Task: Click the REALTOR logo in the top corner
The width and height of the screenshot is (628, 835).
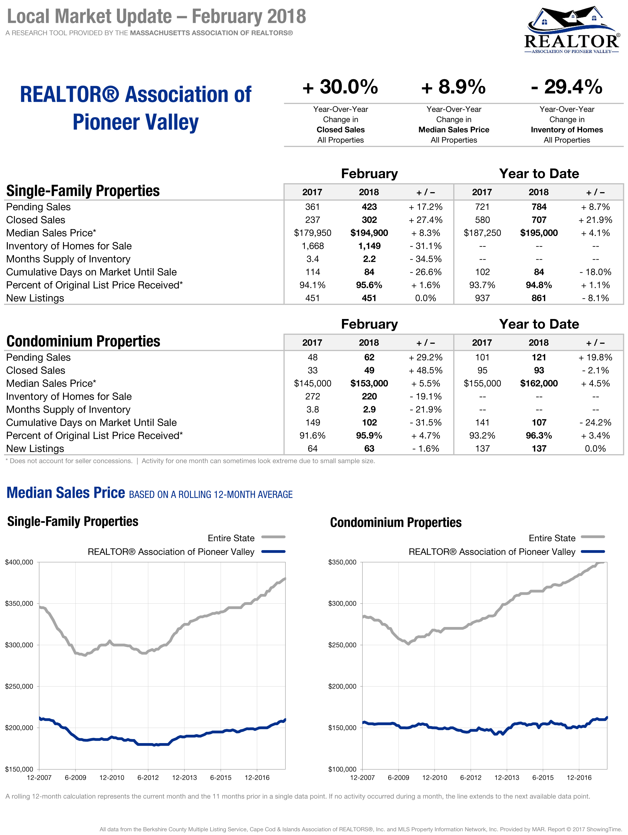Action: click(571, 30)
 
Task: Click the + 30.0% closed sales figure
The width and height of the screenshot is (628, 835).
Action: click(340, 87)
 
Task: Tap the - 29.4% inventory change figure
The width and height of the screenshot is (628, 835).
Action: click(566, 87)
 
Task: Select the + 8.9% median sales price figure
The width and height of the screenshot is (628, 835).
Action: click(454, 87)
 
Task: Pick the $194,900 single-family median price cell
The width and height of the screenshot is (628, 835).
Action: click(369, 233)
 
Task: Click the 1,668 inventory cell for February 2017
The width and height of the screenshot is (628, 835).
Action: click(312, 246)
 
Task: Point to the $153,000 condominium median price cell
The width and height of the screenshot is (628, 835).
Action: click(369, 384)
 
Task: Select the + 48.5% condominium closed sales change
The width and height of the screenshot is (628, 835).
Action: click(426, 370)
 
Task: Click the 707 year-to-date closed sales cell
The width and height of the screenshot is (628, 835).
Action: click(539, 220)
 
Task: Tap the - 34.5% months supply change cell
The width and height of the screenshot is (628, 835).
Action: click(426, 259)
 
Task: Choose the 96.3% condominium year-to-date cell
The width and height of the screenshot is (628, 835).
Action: click(539, 436)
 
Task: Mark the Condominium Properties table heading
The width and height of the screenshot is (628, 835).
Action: click(83, 341)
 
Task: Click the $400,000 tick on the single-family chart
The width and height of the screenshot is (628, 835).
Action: click(19, 562)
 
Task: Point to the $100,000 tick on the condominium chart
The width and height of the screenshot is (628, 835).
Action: click(342, 769)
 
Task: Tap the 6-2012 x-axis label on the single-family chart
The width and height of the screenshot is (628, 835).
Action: click(148, 777)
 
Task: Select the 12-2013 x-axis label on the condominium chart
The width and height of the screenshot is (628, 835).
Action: click(507, 777)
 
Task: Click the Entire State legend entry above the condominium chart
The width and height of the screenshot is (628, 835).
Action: click(552, 538)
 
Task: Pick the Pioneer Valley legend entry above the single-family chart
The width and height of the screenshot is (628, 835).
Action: click(171, 552)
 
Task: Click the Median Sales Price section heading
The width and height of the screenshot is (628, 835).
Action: click(66, 493)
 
